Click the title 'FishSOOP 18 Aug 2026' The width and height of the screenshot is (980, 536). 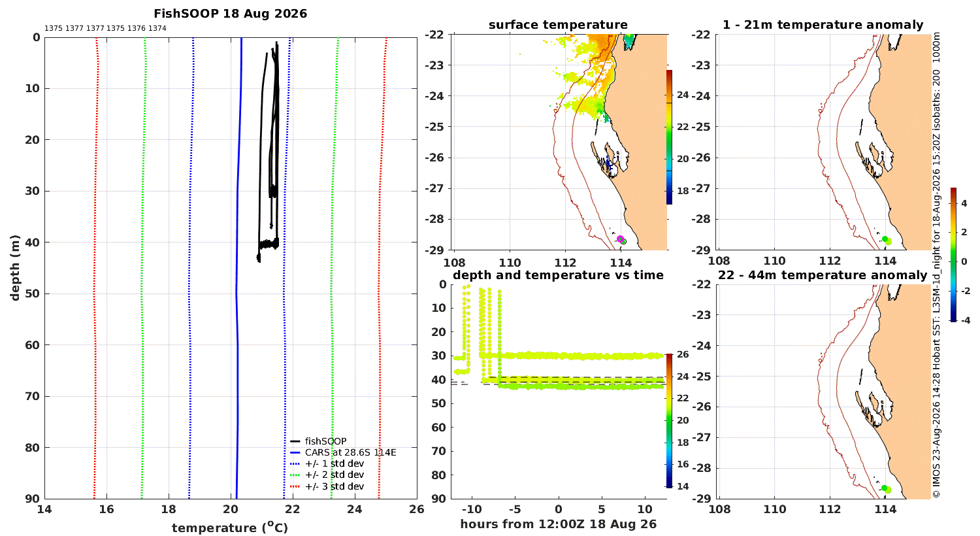click(230, 14)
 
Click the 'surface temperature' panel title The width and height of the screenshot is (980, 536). click(558, 25)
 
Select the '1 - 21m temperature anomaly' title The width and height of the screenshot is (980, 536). click(823, 25)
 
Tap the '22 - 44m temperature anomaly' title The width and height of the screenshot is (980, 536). click(823, 275)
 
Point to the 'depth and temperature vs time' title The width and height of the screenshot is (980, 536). click(558, 275)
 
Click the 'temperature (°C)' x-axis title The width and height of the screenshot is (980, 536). click(230, 528)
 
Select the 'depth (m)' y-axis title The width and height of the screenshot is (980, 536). click(15, 268)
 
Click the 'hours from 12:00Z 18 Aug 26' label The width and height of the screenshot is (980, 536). click(558, 524)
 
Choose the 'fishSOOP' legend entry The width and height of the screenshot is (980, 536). click(319, 441)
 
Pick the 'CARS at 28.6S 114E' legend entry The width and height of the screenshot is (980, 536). click(343, 452)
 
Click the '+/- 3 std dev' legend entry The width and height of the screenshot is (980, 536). click(327, 486)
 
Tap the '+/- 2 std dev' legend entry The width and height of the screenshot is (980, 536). click(327, 475)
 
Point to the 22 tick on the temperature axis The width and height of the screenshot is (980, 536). click(292, 509)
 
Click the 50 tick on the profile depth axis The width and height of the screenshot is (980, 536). click(33, 293)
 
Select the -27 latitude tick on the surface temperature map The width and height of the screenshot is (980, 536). click(434, 189)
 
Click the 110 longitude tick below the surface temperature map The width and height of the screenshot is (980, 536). click(510, 263)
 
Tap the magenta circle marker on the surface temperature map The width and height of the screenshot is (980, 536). click(620, 239)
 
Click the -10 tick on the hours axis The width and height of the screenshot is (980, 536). click(472, 509)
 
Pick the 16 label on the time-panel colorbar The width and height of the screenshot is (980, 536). click(683, 464)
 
